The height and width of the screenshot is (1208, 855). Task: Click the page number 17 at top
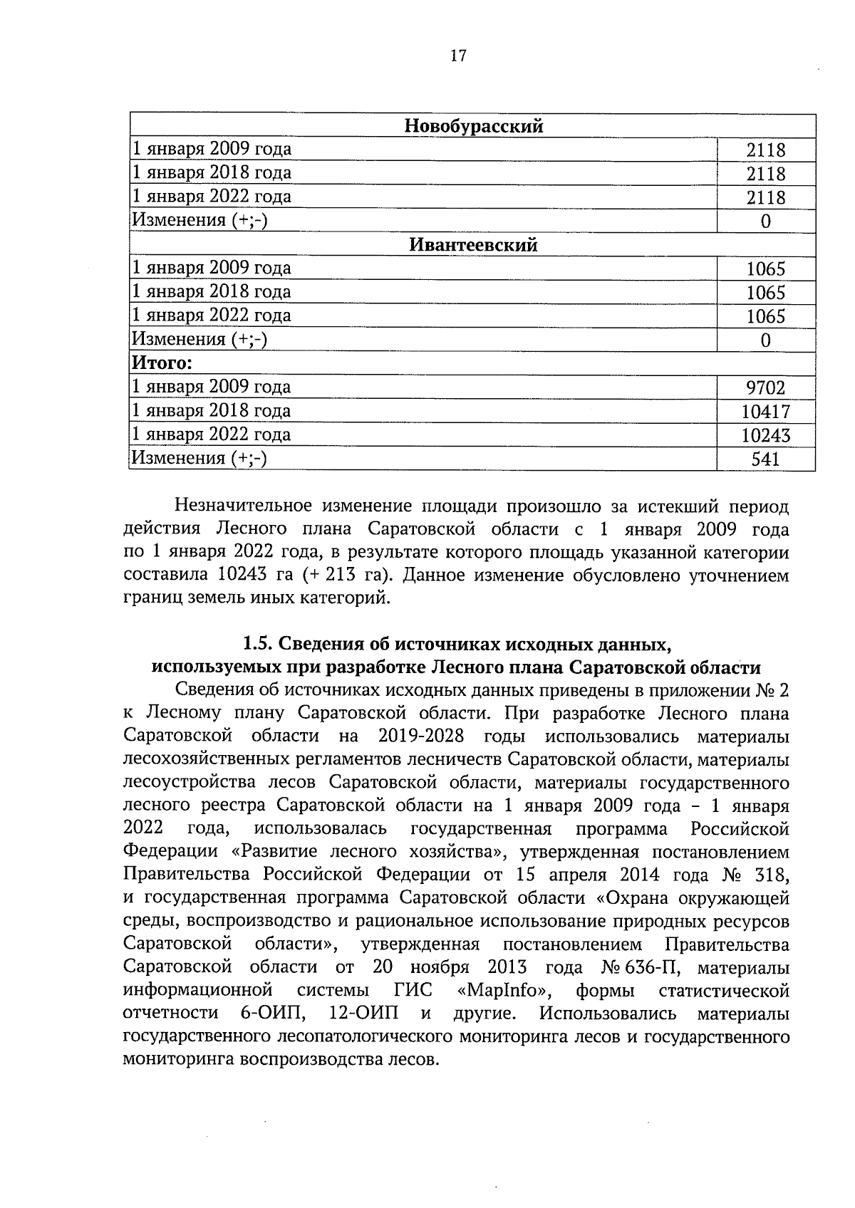click(458, 56)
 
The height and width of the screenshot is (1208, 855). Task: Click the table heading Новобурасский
click(474, 127)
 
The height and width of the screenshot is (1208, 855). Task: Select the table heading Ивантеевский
click(473, 246)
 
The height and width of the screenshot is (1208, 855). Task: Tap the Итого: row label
click(162, 364)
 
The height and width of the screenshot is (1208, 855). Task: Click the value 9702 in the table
click(765, 388)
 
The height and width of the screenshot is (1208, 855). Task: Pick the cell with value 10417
click(765, 412)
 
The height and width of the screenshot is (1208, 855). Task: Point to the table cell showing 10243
click(765, 436)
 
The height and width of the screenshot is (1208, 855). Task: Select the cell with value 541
click(765, 459)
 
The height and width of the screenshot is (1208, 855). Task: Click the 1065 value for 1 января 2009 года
click(765, 269)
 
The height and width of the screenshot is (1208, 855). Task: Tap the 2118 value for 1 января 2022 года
click(765, 197)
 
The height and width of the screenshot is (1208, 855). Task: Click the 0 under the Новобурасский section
click(765, 222)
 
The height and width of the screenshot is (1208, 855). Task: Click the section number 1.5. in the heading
click(257, 645)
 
